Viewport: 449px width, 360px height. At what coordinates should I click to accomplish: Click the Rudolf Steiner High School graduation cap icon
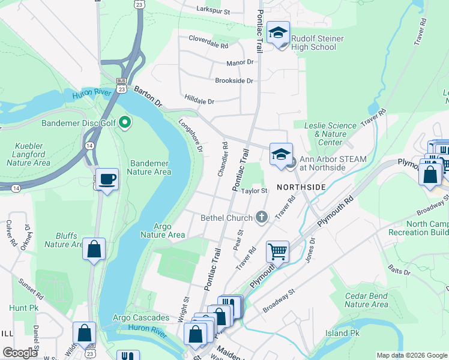click(x=278, y=32)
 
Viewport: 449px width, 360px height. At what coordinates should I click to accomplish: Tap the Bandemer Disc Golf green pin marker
click(x=125, y=123)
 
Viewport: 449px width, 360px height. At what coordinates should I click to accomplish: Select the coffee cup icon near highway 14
click(x=107, y=179)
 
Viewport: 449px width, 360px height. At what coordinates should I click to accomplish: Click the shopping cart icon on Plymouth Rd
click(x=277, y=251)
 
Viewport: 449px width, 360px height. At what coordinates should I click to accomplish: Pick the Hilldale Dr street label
click(x=199, y=101)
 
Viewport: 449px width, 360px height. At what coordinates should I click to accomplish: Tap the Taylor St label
click(x=254, y=191)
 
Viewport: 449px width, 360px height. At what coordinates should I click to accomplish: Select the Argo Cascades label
click(x=141, y=317)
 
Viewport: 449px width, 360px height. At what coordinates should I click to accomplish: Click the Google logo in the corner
click(x=20, y=353)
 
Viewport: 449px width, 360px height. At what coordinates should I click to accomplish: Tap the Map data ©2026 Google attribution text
click(x=411, y=355)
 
